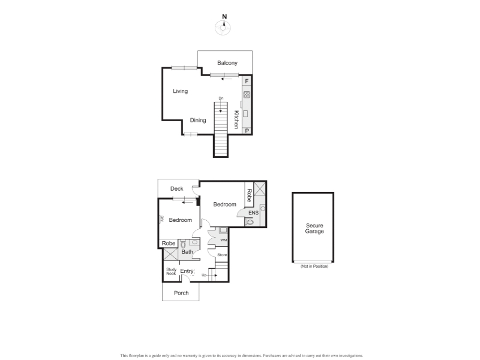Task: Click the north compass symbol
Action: click(x=223, y=28)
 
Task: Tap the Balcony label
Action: click(x=227, y=63)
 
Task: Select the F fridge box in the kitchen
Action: click(x=247, y=81)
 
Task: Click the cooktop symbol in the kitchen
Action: click(x=247, y=95)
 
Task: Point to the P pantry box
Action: click(x=247, y=131)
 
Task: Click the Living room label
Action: click(x=181, y=91)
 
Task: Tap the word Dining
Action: click(x=198, y=121)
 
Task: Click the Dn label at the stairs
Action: click(x=221, y=98)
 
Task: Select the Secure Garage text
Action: click(x=314, y=229)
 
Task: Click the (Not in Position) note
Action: click(x=314, y=266)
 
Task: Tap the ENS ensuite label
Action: click(x=253, y=213)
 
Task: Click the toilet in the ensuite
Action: click(x=250, y=222)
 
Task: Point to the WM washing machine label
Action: click(x=224, y=240)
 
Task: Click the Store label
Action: click(x=222, y=254)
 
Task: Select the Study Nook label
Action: click(x=172, y=272)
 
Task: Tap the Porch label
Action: click(x=181, y=293)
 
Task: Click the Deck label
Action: click(x=176, y=188)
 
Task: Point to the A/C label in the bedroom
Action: click(x=162, y=218)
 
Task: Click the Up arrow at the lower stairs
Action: click(x=212, y=275)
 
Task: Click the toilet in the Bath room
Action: click(x=184, y=244)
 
